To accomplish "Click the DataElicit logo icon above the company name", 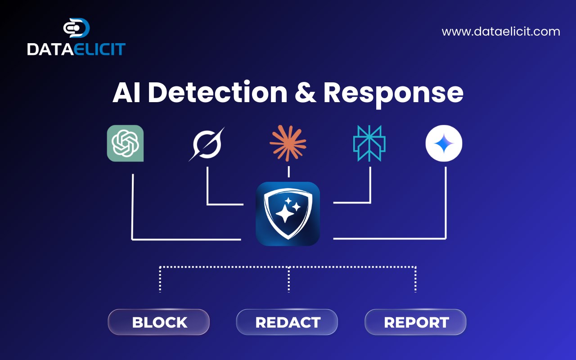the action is pyautogui.click(x=76, y=28).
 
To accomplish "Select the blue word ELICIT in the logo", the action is pyautogui.click(x=100, y=49).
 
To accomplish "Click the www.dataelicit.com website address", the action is pyautogui.click(x=501, y=31).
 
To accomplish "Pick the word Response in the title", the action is pyautogui.click(x=393, y=94).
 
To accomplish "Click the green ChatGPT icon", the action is pyautogui.click(x=125, y=143).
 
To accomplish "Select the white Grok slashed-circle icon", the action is pyautogui.click(x=207, y=144).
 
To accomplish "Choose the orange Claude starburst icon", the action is pyautogui.click(x=288, y=143).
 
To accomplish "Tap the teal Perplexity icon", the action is pyautogui.click(x=369, y=143).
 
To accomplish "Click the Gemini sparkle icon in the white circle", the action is pyautogui.click(x=444, y=143).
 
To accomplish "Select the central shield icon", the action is pyautogui.click(x=288, y=214).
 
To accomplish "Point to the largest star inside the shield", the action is pyautogui.click(x=285, y=213).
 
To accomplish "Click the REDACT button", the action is pyautogui.click(x=287, y=322).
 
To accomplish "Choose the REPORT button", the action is pyautogui.click(x=415, y=322).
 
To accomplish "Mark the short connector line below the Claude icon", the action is pyautogui.click(x=289, y=171).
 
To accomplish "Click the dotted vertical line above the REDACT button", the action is pyautogui.click(x=289, y=279).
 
